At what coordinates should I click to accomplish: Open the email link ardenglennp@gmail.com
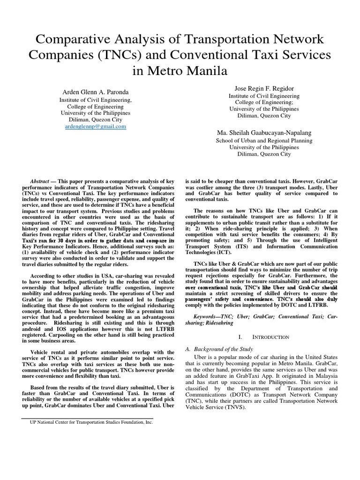pyautogui.click(x=96, y=127)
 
